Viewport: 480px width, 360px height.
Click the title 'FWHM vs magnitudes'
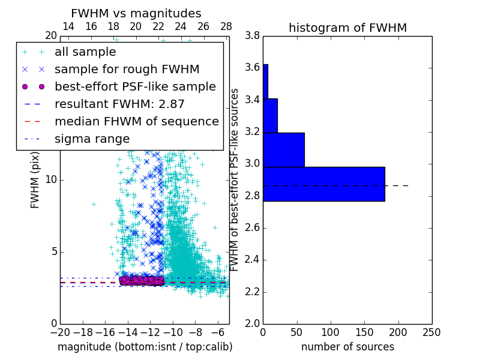pos(136,14)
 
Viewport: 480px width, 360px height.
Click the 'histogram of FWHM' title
pos(347,28)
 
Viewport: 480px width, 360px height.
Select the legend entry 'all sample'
pos(85,52)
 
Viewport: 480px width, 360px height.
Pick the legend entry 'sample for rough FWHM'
pos(127,70)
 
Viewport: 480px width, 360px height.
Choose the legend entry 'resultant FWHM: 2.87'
pos(119,104)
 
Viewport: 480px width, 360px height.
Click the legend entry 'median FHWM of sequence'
pos(136,122)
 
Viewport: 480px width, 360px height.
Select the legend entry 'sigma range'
pos(92,139)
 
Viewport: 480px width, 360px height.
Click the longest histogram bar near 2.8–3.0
pos(323,184)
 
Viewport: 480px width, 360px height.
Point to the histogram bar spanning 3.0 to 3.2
pos(283,149)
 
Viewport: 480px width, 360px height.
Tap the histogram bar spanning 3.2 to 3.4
pos(270,115)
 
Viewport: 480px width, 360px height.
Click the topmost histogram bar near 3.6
pos(265,81)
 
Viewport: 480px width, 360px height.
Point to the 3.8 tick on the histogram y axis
pos(253,36)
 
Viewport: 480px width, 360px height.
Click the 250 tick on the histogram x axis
pos(431,332)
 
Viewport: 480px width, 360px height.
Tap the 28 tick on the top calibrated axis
pos(226,27)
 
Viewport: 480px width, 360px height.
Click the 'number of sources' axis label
pos(347,347)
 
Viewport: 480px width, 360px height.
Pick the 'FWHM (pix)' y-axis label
pos(35,181)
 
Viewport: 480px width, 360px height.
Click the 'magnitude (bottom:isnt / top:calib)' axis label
pos(145,347)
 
